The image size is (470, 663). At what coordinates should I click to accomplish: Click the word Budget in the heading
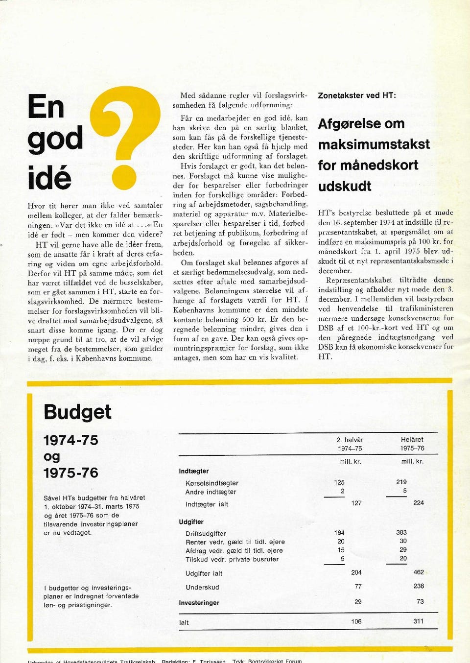77,412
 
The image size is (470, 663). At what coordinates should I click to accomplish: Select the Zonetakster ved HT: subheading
357,95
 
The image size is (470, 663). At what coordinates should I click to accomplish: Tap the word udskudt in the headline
345,186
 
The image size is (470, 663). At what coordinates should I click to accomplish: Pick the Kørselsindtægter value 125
339,482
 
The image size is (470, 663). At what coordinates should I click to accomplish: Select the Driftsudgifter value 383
401,532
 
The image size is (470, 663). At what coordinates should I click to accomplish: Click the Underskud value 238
419,586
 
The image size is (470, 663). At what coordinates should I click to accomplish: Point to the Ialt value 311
419,621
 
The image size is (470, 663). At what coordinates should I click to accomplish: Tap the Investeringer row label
199,603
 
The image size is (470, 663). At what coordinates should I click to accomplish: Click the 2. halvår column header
350,440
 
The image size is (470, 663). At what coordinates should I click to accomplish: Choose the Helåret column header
412,440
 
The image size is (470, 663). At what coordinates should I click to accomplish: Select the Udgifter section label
191,522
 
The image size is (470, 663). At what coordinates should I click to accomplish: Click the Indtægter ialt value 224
419,503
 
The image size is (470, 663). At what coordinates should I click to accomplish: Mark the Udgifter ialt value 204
356,572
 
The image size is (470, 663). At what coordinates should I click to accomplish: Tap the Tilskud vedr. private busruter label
232,559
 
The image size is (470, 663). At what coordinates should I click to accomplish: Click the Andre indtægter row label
211,492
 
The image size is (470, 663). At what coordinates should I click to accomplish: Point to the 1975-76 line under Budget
71,473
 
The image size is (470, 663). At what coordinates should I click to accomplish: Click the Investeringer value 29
358,602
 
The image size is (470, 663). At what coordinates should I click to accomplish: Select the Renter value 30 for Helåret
403,541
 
